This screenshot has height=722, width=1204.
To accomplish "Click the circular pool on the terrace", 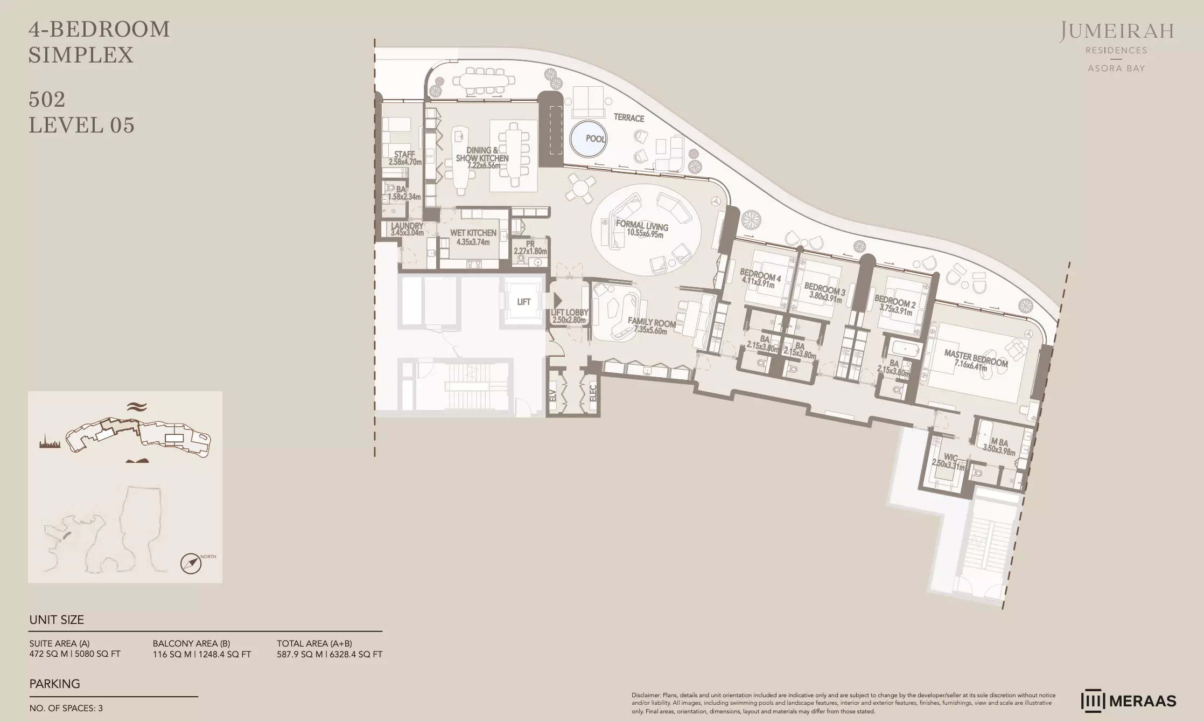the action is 587,139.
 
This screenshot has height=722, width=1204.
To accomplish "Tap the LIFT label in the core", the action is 524,302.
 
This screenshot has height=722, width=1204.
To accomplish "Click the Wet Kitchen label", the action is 473,237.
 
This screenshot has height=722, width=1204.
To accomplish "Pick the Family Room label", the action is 651,325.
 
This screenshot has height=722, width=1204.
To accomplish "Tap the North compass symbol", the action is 191,564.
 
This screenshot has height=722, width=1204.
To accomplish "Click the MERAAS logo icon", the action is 1093,701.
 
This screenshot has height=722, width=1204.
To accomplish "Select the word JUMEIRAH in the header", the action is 1117,32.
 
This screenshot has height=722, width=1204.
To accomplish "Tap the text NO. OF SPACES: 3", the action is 66,708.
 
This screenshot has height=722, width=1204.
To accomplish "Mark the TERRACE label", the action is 629,117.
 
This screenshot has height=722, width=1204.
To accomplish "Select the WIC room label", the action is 950,459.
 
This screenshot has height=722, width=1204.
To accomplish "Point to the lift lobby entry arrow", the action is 557,301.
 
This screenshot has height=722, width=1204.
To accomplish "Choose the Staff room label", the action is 405,158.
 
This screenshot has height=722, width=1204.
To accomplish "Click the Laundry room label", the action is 407,230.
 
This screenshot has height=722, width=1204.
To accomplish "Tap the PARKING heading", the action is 55,684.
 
